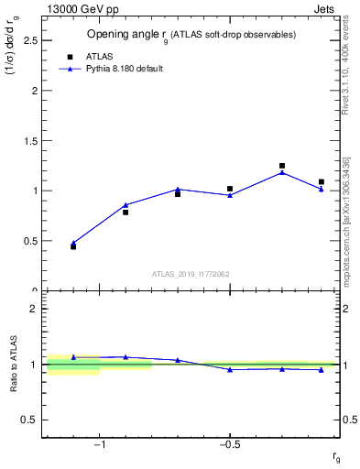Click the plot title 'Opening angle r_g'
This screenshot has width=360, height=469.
coord(191,34)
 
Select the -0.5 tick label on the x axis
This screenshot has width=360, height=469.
coord(229,446)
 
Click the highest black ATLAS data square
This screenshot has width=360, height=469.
coord(282,166)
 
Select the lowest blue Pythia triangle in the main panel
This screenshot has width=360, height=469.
coord(73,243)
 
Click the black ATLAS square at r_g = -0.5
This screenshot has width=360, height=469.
coord(230,189)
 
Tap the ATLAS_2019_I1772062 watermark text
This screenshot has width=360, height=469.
coord(191,273)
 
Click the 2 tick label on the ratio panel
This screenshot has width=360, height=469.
coord(33,309)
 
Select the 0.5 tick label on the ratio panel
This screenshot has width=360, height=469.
coord(30,420)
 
